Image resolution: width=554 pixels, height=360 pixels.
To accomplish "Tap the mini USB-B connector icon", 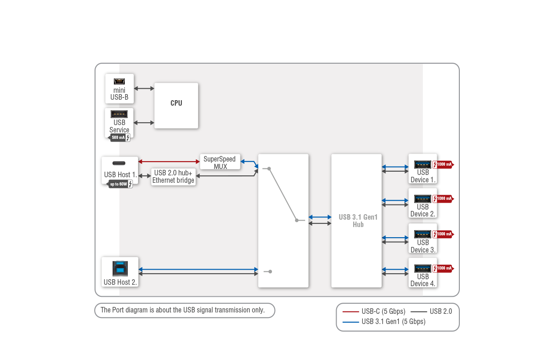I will pyautogui.click(x=119, y=81).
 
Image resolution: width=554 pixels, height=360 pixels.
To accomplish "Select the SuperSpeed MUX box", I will pyautogui.click(x=220, y=162).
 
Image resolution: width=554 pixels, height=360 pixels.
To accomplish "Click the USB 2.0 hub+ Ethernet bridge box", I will pyautogui.click(x=173, y=177).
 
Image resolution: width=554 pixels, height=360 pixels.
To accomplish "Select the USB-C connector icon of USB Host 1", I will pyautogui.click(x=120, y=163).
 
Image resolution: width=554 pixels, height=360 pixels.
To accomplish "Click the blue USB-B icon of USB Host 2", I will pyautogui.click(x=120, y=269).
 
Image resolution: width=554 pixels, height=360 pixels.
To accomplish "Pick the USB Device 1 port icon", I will pyautogui.click(x=422, y=164).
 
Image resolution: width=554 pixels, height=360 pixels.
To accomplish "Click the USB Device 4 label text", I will pyautogui.click(x=423, y=280).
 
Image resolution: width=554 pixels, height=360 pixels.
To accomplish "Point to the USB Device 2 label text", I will pyautogui.click(x=423, y=210).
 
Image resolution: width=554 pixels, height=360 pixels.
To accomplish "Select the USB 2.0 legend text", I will pyautogui.click(x=440, y=312).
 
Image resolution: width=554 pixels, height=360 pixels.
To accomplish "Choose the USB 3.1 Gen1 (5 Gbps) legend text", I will pyautogui.click(x=393, y=322).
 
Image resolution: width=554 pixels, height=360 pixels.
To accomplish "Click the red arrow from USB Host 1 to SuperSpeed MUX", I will pyautogui.click(x=169, y=162).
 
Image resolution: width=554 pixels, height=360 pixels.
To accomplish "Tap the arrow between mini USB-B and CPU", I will pyautogui.click(x=144, y=88).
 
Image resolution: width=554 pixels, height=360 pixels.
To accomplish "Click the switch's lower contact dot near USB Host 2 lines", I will pyautogui.click(x=270, y=271).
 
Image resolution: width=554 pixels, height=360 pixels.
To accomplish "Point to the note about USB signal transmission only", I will pyautogui.click(x=183, y=310).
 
